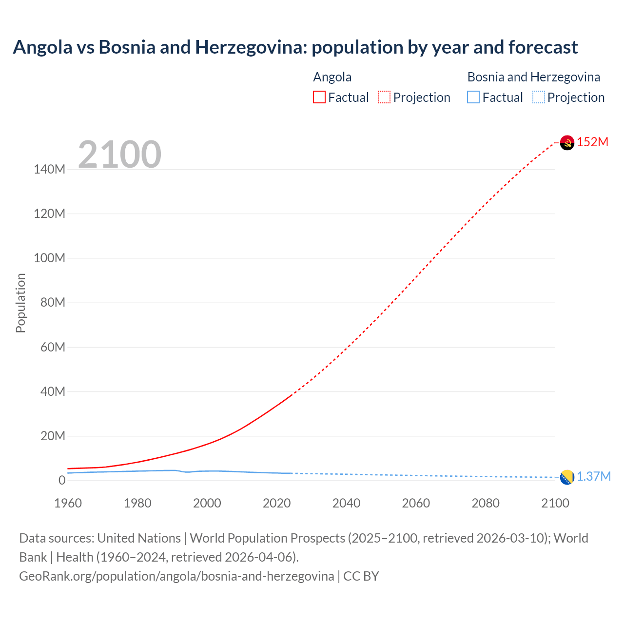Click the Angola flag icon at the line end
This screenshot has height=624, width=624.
coord(567,142)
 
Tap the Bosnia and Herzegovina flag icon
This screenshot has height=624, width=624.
coord(567,477)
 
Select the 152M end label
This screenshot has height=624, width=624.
coord(593,142)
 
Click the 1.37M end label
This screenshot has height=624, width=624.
coord(594,476)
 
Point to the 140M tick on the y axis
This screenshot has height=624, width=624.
coord(49,169)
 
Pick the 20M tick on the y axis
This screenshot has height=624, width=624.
coord(53,436)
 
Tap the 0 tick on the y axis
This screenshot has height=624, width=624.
coord(61,480)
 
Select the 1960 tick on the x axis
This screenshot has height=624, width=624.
coord(68,503)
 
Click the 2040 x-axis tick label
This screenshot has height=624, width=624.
coord(346,503)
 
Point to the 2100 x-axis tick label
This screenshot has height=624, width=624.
coord(555,503)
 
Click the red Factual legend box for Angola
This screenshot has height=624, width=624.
coord(319,97)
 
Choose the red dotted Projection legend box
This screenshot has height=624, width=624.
coord(384,97)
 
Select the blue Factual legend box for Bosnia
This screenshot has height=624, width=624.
coord(473,97)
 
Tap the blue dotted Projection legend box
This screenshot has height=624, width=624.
coord(538,97)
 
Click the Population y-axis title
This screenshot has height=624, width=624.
coord(20,303)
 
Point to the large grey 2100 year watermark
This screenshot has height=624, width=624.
coord(119,155)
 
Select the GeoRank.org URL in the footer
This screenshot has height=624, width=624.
coord(176,576)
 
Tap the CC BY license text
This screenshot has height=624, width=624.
coord(361,576)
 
